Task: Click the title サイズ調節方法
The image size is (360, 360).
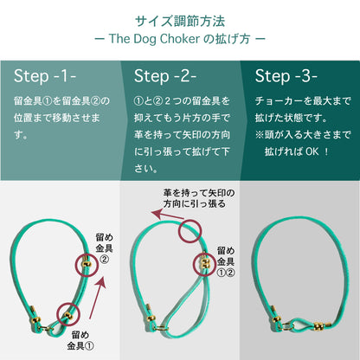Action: tap(180, 22)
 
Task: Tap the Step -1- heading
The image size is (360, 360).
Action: tap(45, 76)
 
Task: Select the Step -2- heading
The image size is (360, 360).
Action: tap(165, 76)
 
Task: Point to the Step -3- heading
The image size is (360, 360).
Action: tap(286, 76)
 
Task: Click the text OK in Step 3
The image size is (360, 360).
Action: tap(312, 151)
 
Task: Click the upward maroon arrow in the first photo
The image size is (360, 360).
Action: tap(97, 298)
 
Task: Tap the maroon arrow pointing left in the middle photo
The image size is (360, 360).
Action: tap(168, 215)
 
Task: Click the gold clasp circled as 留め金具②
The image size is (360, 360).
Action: tap(87, 264)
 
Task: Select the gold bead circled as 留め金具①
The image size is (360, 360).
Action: tap(68, 316)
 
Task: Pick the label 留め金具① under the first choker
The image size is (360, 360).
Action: tap(80, 340)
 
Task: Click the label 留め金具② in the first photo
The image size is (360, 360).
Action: tap(104, 248)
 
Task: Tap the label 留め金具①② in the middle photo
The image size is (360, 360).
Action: tap(226, 261)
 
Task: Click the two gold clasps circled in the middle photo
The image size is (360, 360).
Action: tap(205, 263)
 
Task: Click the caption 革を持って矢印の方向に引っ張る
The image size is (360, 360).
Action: tap(199, 198)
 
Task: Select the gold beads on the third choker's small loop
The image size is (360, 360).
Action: tap(318, 326)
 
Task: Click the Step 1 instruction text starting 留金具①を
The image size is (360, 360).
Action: tap(61, 118)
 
